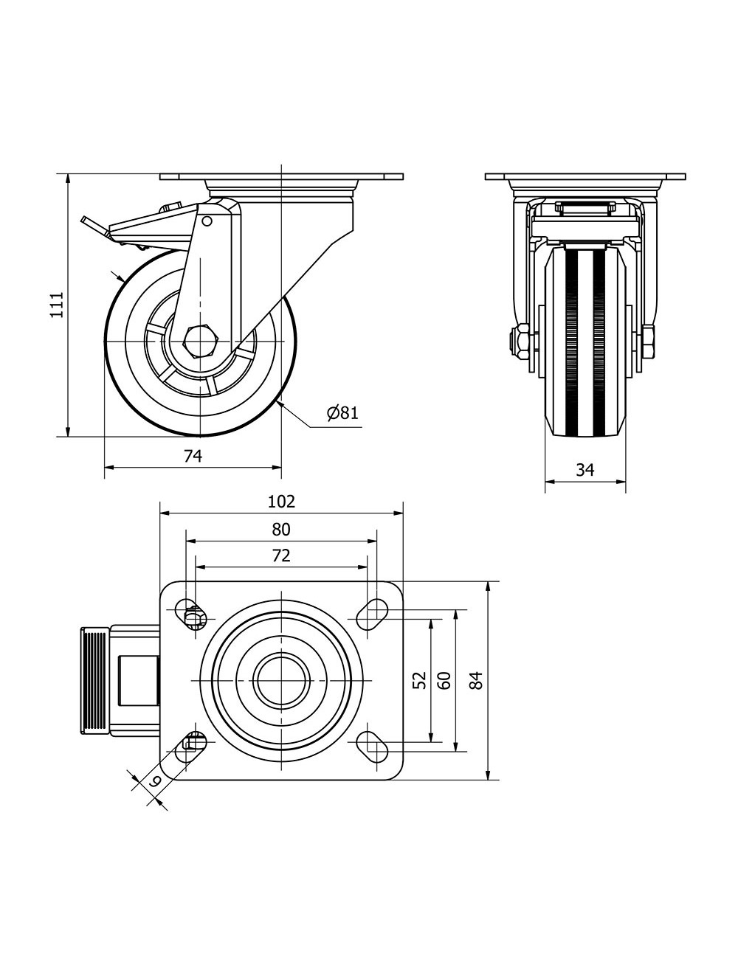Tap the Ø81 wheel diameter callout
[x=342, y=412]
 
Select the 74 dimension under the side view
[x=193, y=457]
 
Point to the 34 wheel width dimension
[x=584, y=470]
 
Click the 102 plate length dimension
[x=281, y=502]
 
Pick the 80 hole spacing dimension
[x=281, y=529]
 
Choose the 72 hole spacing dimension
[x=281, y=555]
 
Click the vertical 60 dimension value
[x=444, y=679]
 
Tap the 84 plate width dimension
[x=477, y=679]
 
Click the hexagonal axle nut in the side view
[x=199, y=342]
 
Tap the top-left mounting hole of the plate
[x=191, y=613]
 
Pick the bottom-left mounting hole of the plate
[x=191, y=747]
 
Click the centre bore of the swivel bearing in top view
[x=281, y=679]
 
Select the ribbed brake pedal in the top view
[x=94, y=680]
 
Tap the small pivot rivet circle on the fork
[x=207, y=221]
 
